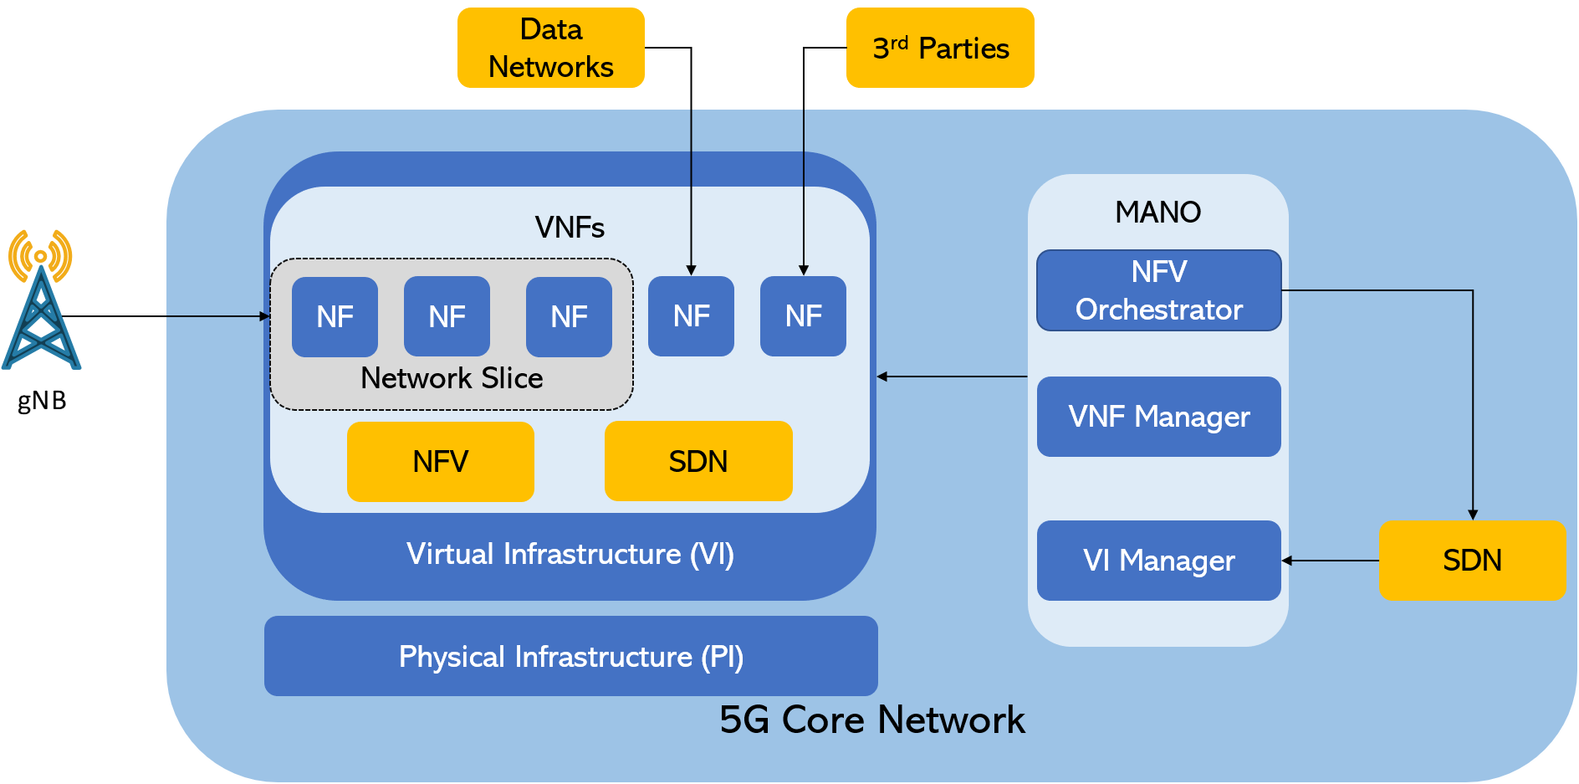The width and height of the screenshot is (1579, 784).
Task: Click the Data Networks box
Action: pos(550,48)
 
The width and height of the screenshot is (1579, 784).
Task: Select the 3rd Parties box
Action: pos(940,48)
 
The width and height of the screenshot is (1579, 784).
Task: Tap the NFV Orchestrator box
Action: pos(1158,290)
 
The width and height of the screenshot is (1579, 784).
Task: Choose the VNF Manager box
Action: pos(1158,417)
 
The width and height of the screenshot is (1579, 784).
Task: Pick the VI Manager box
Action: pos(1158,561)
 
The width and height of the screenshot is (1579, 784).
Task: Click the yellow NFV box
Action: pos(440,462)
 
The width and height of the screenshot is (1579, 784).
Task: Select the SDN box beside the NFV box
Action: pos(698,462)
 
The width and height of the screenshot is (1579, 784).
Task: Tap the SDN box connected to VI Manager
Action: pos(1472,561)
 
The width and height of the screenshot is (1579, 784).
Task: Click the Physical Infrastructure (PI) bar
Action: pos(570,657)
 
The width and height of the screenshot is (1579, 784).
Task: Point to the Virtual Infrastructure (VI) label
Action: pos(570,555)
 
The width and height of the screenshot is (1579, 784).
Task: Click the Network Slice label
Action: pos(452,379)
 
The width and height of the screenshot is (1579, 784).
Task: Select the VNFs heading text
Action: pos(570,228)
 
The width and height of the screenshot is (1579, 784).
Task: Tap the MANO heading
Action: pos(1157,213)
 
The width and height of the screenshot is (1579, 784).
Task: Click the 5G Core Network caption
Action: pos(871,720)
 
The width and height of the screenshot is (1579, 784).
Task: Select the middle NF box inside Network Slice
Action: pos(447,317)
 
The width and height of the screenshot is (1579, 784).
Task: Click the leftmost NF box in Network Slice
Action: pos(335,317)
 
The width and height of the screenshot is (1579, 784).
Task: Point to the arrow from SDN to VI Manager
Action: pos(1330,561)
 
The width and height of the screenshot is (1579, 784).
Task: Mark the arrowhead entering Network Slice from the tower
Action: pos(265,316)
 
